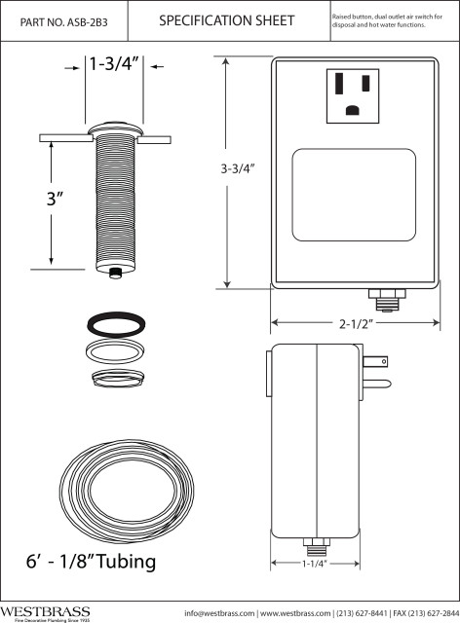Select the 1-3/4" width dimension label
click(x=115, y=65)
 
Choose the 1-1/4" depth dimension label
click(x=314, y=563)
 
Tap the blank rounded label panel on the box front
click(x=354, y=197)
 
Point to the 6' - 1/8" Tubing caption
click(x=91, y=563)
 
